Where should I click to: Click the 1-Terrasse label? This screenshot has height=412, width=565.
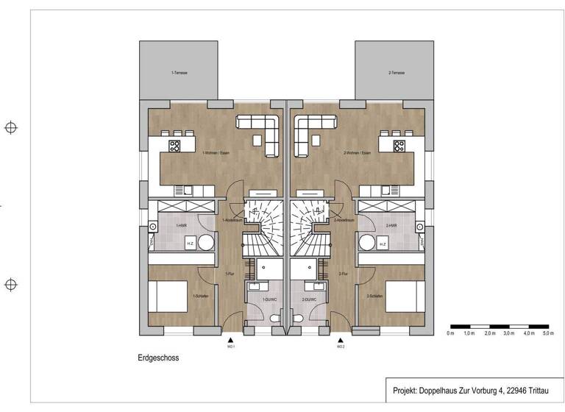point(178,74)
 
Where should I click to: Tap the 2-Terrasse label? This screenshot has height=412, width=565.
point(394,74)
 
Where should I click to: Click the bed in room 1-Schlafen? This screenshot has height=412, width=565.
point(168,296)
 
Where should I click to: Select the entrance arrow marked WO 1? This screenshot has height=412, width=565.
point(232,339)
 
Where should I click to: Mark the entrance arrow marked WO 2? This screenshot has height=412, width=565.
point(340,339)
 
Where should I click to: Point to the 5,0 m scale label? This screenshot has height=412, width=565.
point(547,334)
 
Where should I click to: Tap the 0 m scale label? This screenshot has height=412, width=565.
point(450,334)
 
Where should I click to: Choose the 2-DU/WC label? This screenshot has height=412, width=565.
point(309,299)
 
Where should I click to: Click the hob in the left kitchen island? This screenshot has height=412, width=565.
point(175,146)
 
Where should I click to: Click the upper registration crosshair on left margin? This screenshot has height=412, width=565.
point(11,128)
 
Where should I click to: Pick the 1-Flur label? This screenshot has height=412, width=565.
point(229,274)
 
